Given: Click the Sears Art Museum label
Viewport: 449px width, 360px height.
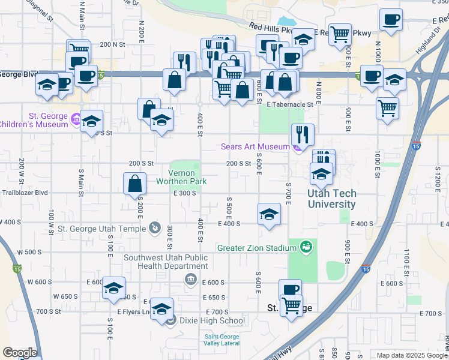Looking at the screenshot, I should pyautogui.click(x=255, y=146).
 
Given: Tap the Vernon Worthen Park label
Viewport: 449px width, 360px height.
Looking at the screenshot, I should pyautogui.click(x=181, y=176).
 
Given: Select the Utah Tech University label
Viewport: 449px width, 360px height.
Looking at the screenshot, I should pyautogui.click(x=331, y=199).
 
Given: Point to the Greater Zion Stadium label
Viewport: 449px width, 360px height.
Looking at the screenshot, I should pyautogui.click(x=257, y=247).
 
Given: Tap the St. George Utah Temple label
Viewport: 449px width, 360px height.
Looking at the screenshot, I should pyautogui.click(x=101, y=229).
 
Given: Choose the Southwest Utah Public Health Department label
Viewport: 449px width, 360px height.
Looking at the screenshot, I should pyautogui.click(x=166, y=262).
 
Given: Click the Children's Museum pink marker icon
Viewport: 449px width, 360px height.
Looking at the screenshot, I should pyautogui.click(x=76, y=120).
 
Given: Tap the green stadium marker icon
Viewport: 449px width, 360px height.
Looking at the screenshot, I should pyautogui.click(x=306, y=247).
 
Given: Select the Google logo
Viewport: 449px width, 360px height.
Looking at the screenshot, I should pyautogui.click(x=20, y=352).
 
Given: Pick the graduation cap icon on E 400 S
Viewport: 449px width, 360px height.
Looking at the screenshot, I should pyautogui.click(x=269, y=214).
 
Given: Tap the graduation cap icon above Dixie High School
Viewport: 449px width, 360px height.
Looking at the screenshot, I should pyautogui.click(x=161, y=308).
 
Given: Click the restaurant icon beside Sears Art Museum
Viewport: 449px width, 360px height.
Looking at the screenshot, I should pyautogui.click(x=303, y=135).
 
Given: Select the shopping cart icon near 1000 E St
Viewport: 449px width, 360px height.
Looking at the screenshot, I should pyautogui.click(x=387, y=109).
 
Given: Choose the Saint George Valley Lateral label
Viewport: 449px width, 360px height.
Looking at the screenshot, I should pyautogui.click(x=221, y=340).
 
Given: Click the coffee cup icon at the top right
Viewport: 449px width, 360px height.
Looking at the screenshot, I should pyautogui.click(x=391, y=20).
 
